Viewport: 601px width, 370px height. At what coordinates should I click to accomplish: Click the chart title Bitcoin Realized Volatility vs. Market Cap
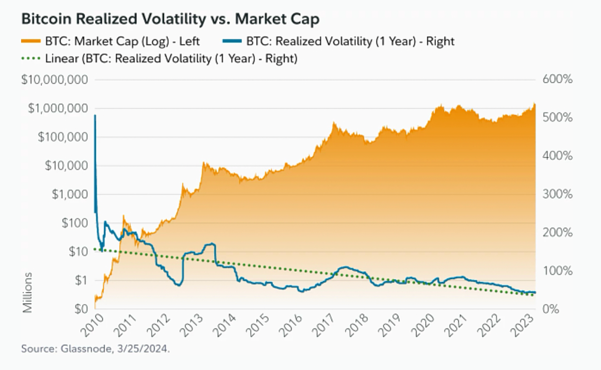tap(170, 19)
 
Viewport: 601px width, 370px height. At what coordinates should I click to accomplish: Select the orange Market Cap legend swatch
tap(31, 41)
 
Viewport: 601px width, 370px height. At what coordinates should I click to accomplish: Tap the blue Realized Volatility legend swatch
tap(232, 41)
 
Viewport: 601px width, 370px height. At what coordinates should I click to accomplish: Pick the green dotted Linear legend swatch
tap(31, 59)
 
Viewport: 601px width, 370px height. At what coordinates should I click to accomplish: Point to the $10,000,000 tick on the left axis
tap(54, 80)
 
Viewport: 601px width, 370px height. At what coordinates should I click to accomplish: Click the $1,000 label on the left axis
tap(70, 194)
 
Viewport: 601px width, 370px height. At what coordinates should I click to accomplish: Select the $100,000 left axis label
tap(63, 137)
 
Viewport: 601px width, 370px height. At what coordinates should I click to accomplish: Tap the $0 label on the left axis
tap(81, 309)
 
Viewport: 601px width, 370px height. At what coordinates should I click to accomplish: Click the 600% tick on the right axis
tap(557, 79)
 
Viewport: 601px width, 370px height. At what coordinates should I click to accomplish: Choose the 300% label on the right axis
tap(557, 194)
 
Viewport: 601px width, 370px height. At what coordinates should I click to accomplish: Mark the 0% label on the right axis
tap(551, 309)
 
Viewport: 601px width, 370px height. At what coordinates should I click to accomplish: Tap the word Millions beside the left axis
tap(27, 293)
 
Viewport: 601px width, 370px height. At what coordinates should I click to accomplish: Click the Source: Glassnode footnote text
tap(95, 349)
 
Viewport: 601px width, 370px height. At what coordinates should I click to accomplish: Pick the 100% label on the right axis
tap(557, 271)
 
